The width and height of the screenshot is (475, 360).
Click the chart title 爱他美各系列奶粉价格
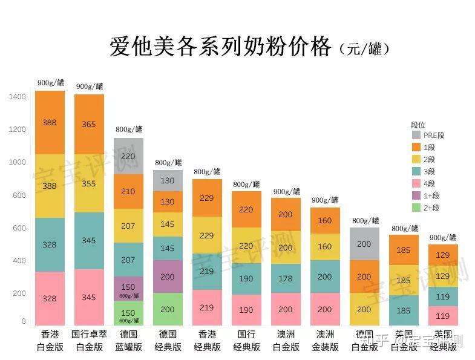(x=221, y=47)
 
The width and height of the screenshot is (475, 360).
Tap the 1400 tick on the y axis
(x=18, y=97)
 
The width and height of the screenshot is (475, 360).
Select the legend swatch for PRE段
(x=416, y=136)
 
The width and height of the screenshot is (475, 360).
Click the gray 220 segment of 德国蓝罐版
(x=128, y=156)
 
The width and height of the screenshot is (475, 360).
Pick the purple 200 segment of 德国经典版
(x=168, y=277)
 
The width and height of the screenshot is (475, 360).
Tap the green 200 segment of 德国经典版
(x=168, y=309)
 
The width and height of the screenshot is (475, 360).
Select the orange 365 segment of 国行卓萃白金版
(x=89, y=124)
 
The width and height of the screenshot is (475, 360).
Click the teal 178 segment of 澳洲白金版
(x=284, y=278)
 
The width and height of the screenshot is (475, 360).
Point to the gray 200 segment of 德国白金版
(x=364, y=244)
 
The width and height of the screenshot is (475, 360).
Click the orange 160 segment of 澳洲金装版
(x=325, y=221)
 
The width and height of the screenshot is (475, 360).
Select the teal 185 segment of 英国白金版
(x=403, y=310)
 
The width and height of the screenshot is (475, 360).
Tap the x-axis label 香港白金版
(x=50, y=341)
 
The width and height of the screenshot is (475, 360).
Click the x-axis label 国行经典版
(x=246, y=341)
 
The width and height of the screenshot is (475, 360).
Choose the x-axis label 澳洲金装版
(x=325, y=341)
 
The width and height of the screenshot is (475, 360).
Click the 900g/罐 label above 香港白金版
(x=50, y=83)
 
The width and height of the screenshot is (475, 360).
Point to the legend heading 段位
(x=418, y=125)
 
